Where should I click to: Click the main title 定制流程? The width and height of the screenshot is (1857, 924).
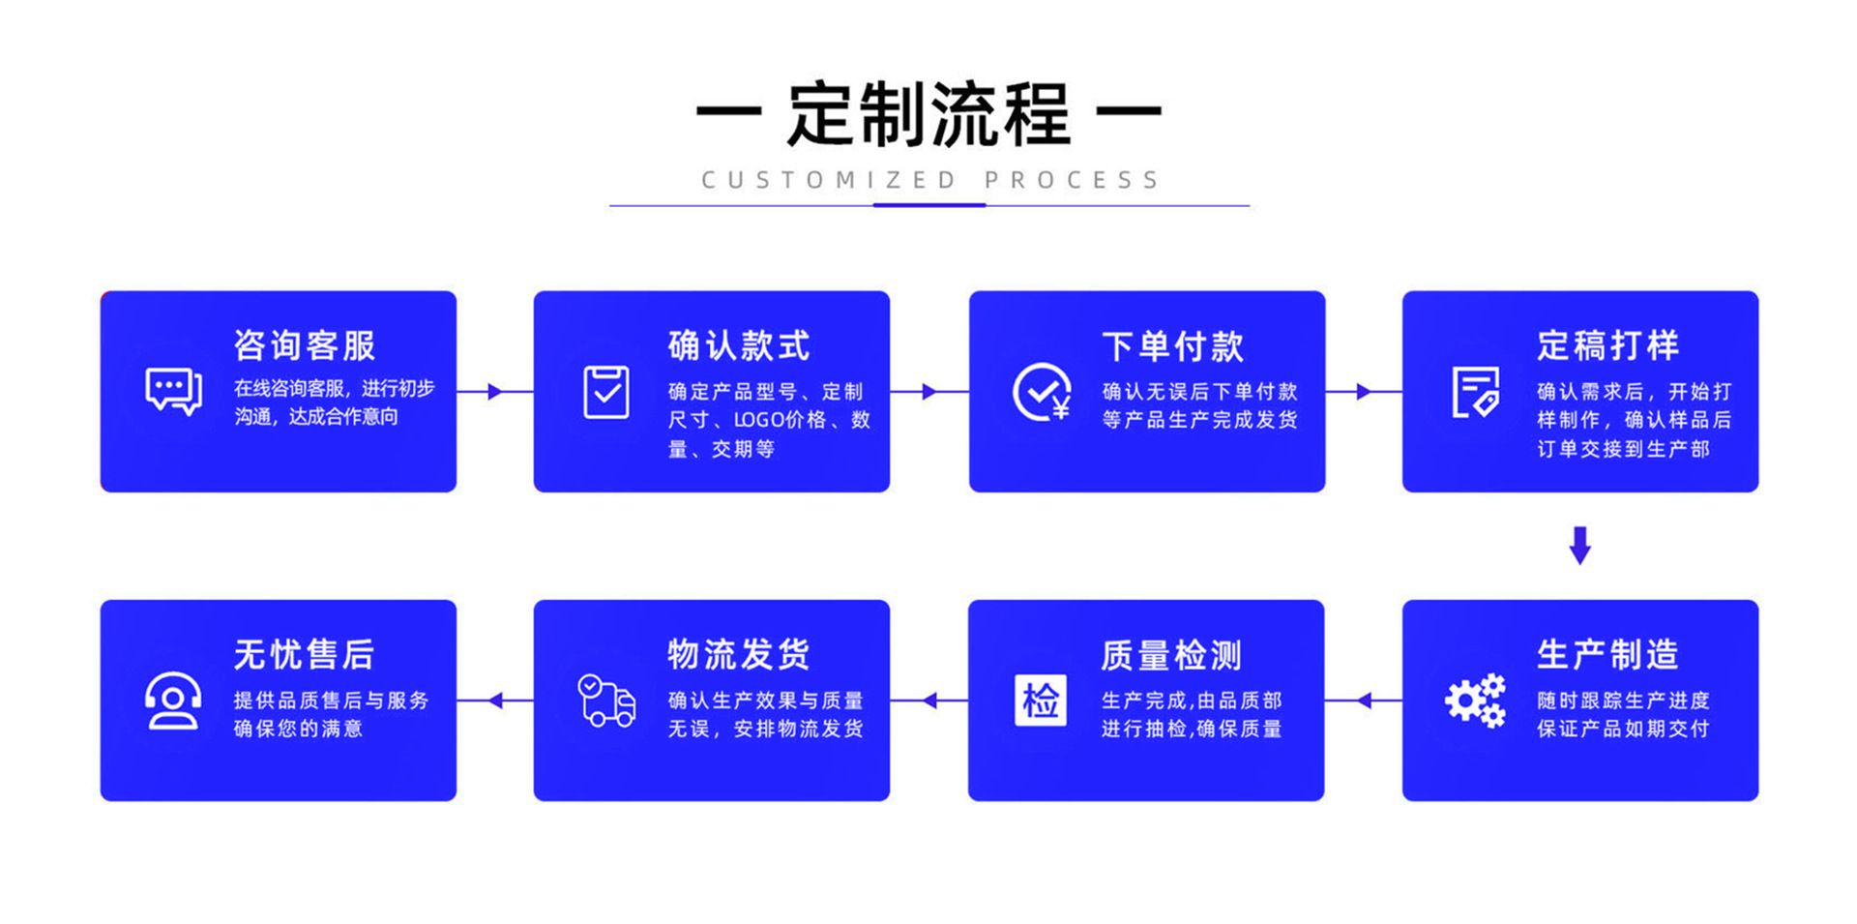[x=928, y=114]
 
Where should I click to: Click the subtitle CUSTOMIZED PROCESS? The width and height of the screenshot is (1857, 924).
[x=929, y=180]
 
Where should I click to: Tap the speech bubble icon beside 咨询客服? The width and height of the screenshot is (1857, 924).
[x=173, y=392]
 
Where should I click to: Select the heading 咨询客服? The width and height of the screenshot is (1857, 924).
[x=305, y=345]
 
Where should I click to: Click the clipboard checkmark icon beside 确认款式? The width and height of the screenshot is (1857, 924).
[x=606, y=392]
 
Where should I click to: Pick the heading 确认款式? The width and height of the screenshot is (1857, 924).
[x=739, y=345]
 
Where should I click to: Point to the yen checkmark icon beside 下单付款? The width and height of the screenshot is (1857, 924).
[x=1042, y=392]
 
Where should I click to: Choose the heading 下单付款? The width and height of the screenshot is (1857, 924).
[x=1173, y=345]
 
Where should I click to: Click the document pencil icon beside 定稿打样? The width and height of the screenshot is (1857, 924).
[x=1475, y=392]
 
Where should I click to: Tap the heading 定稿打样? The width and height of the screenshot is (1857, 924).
[x=1608, y=345]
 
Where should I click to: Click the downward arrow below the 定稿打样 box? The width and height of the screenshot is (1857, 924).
[x=1579, y=545]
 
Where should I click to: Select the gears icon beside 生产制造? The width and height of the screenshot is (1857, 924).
[x=1475, y=700]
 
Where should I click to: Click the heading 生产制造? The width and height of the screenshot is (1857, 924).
[x=1607, y=654]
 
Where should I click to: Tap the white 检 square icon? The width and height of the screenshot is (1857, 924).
[x=1041, y=700]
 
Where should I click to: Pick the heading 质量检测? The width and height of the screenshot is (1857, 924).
[x=1171, y=655]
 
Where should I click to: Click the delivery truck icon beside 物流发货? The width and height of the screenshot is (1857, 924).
[x=606, y=700]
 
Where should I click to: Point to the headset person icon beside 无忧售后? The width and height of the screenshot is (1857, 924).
[x=173, y=700]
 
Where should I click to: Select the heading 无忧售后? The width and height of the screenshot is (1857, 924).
[x=305, y=654]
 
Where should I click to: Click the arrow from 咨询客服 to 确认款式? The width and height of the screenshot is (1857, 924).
[x=494, y=392]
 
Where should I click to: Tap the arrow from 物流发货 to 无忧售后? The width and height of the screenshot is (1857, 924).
[x=495, y=700]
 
